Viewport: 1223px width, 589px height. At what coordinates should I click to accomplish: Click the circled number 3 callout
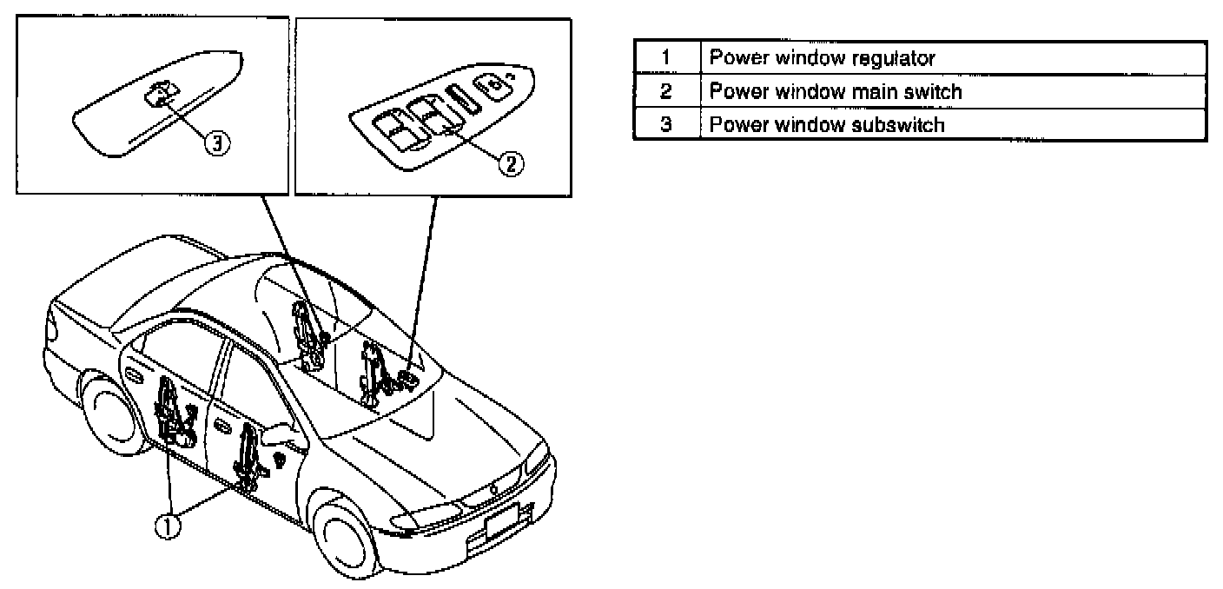click(217, 144)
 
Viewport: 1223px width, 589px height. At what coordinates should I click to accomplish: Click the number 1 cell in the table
click(666, 59)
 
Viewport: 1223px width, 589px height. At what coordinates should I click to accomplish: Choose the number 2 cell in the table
click(666, 91)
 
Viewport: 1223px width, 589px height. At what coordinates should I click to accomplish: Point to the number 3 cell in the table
click(666, 124)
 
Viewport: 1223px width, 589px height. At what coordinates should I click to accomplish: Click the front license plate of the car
click(502, 523)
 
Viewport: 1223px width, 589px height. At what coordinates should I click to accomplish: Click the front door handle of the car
click(222, 428)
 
